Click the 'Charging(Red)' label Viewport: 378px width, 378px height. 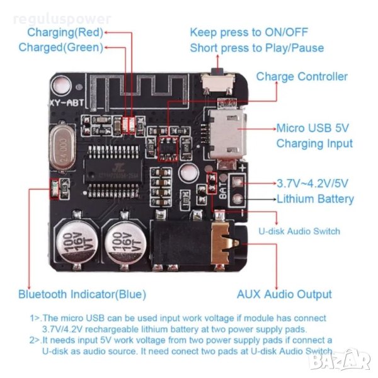[x=65, y=32]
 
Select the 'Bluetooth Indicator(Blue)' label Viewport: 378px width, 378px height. [x=82, y=294]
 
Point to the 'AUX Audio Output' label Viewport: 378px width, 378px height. [x=284, y=294]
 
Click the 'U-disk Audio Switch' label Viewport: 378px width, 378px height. [x=299, y=231]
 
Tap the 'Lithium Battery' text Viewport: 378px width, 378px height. [x=316, y=199]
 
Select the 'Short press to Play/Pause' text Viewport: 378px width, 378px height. [x=257, y=48]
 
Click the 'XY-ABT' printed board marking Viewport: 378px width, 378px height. [x=66, y=102]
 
